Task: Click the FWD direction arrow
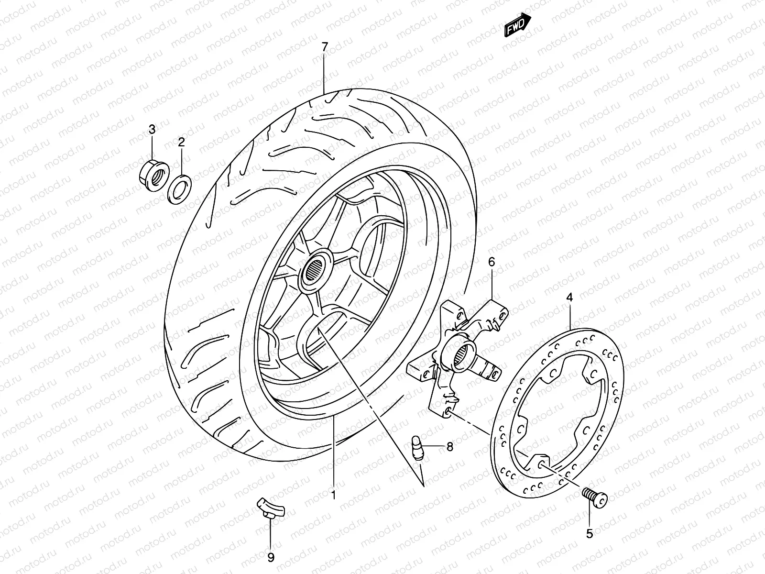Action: [x=518, y=24]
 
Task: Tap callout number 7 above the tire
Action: [x=325, y=47]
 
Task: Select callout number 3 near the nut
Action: [x=152, y=129]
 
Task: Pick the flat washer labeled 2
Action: [x=180, y=189]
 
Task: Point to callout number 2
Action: [x=181, y=142]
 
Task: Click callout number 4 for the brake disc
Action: [x=569, y=297]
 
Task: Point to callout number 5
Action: [x=589, y=534]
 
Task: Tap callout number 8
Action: [x=449, y=447]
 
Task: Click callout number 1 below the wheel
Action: [x=334, y=495]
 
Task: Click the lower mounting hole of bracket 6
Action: [x=448, y=411]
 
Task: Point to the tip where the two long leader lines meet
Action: [x=424, y=486]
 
